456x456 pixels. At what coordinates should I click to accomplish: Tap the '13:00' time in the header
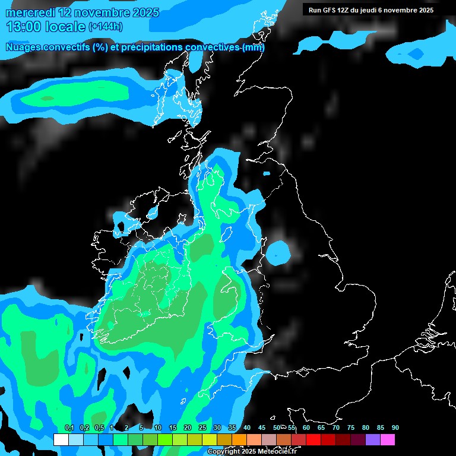(x=23, y=27)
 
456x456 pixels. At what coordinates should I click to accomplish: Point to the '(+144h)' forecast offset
(x=106, y=27)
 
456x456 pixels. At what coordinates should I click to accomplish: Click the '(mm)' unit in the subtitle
(x=254, y=47)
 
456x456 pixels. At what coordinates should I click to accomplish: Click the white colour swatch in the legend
(x=61, y=440)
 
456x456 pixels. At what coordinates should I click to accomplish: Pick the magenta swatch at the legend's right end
(x=388, y=440)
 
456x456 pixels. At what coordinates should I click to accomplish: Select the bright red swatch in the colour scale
(x=313, y=440)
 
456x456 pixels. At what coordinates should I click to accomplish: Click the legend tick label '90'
(x=395, y=428)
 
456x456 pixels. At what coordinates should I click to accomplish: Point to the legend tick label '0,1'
(x=69, y=428)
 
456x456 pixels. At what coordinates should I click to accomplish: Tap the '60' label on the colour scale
(x=306, y=428)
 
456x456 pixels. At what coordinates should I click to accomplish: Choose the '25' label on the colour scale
(x=202, y=428)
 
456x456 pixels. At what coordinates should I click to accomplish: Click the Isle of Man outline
(x=226, y=234)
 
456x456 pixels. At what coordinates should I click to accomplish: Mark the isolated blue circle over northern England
(x=278, y=253)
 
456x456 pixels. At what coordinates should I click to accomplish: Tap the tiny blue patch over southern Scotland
(x=266, y=173)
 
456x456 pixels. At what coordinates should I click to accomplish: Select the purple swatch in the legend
(x=373, y=440)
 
